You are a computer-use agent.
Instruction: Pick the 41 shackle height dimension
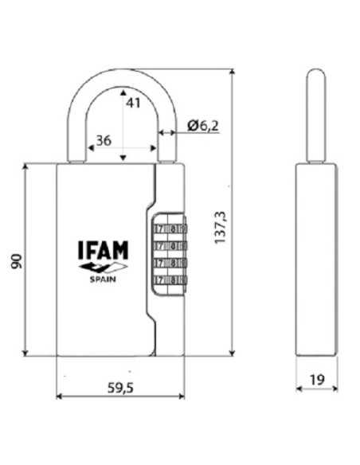(x=133, y=102)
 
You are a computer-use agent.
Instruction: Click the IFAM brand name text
(x=103, y=249)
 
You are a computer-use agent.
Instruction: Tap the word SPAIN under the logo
(x=103, y=278)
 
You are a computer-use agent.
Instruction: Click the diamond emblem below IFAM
(x=103, y=267)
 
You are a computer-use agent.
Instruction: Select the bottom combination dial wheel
(x=168, y=279)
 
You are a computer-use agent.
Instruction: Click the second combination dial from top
(x=168, y=246)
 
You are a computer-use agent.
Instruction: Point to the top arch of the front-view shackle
(x=123, y=75)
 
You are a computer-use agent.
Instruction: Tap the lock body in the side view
(x=316, y=259)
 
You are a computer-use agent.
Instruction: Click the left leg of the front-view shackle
(x=77, y=135)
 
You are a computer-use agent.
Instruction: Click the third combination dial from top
(x=168, y=263)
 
